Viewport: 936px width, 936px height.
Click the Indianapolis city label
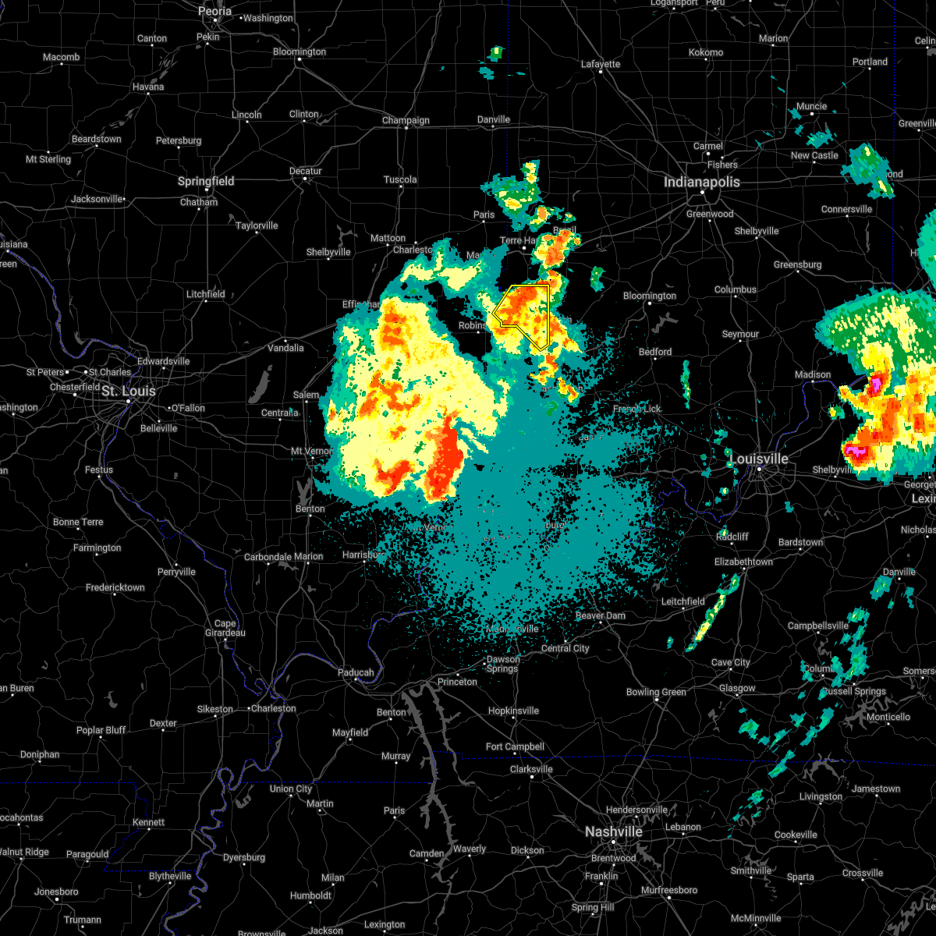point(701,182)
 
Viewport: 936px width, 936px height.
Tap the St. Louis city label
point(129,391)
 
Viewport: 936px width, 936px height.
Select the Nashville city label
point(614,832)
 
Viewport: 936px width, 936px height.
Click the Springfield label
point(206,181)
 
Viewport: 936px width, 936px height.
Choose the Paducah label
point(356,672)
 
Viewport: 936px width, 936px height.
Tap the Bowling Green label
point(656,692)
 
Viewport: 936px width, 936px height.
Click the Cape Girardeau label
point(225,628)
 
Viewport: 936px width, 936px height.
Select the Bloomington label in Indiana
point(650,296)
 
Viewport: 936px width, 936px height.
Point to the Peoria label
point(214,12)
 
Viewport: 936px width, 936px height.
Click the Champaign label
point(406,120)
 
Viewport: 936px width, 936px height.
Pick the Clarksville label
point(531,769)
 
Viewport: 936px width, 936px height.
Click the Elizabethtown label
point(743,562)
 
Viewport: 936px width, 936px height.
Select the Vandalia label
point(285,347)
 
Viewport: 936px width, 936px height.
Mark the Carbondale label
point(268,557)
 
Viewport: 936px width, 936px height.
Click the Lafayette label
point(601,65)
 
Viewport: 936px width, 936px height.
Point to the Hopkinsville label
point(513,711)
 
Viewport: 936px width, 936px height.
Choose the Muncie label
point(811,107)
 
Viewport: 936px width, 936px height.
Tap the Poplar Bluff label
point(101,730)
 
